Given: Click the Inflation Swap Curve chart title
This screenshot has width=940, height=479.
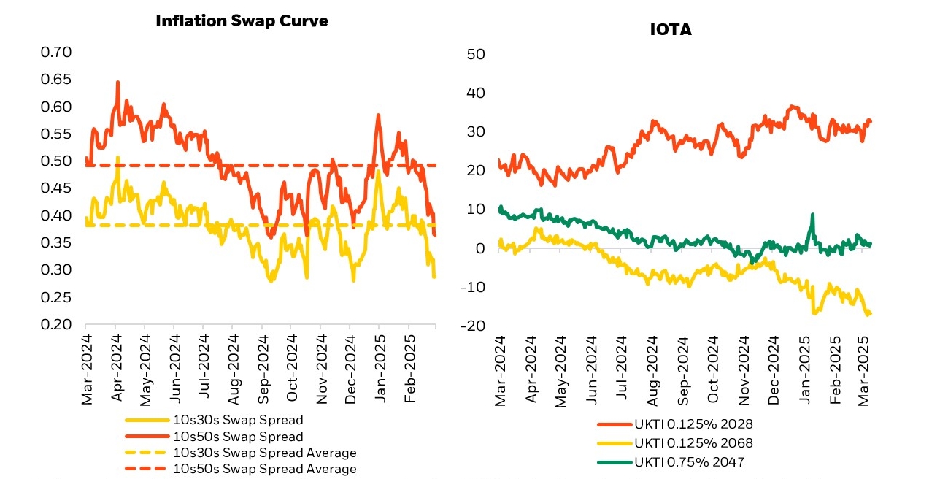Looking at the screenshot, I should [242, 20].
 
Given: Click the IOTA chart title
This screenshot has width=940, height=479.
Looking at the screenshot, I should [670, 30].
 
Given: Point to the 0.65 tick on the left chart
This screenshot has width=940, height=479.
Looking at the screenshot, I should [56, 80].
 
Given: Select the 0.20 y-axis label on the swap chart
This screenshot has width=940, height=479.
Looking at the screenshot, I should [56, 325].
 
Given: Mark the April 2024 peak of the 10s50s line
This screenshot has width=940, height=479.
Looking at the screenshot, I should [117, 83].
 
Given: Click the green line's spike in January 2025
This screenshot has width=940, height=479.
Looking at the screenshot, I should [812, 215].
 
